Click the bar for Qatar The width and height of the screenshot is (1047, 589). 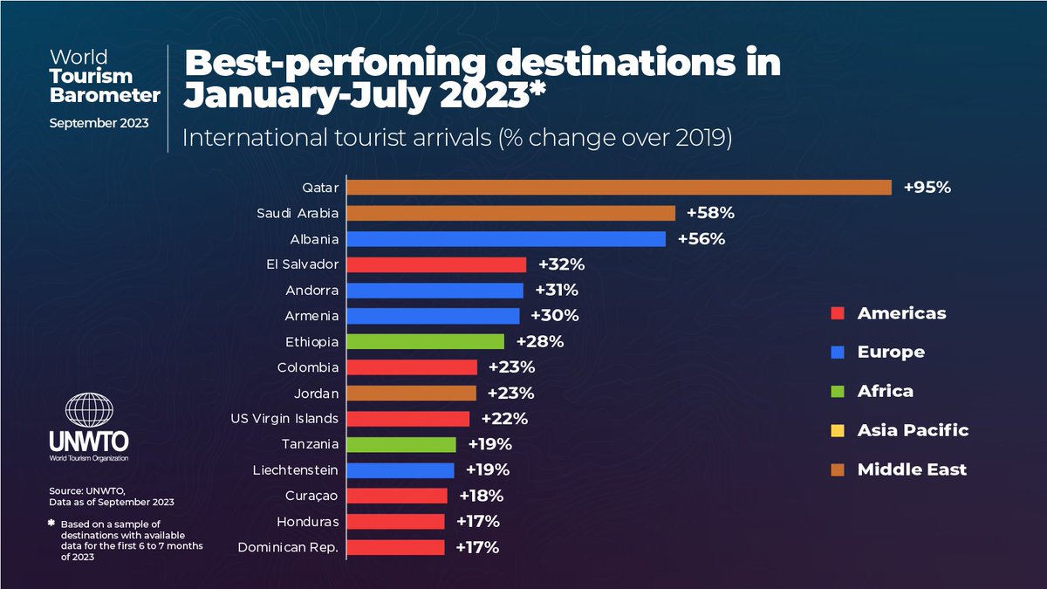620,188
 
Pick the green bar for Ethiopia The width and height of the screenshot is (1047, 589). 427,341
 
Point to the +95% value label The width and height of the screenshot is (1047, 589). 927,188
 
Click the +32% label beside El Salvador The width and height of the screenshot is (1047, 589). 560,264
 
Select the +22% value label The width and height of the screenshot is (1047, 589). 503,419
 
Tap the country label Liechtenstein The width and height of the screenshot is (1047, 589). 295,470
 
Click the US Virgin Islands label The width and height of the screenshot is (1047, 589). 284,419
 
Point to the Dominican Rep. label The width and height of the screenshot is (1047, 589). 289,547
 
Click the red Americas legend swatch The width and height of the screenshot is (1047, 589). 837,314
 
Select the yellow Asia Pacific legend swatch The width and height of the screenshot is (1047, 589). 837,430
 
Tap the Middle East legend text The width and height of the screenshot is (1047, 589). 912,469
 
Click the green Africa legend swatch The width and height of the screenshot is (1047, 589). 837,391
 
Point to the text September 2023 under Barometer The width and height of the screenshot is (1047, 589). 98,122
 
